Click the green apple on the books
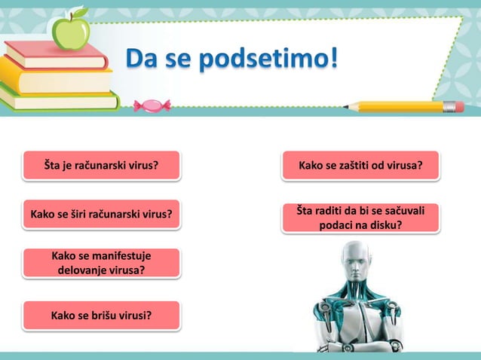point(71,31)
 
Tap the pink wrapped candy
point(152,105)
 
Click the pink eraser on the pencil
point(453,106)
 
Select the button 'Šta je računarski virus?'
point(101,165)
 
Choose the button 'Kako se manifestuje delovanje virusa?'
point(101,263)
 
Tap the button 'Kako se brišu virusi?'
point(101,315)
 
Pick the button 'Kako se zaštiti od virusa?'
point(360,165)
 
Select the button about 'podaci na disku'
point(360,218)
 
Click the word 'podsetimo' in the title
point(256,58)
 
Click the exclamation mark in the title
point(332,56)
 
